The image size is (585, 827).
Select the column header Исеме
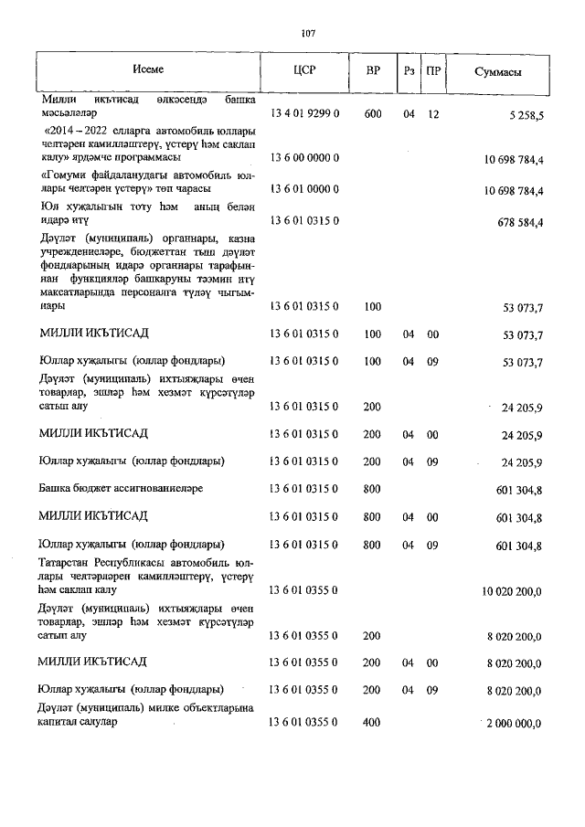(147, 70)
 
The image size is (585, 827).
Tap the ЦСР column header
(304, 70)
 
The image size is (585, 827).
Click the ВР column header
(372, 70)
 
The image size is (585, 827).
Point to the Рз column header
(409, 70)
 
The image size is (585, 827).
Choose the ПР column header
(434, 70)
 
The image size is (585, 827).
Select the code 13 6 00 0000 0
(304, 159)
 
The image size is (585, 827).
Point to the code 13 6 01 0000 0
(304, 189)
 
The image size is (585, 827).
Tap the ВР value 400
(372, 722)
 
